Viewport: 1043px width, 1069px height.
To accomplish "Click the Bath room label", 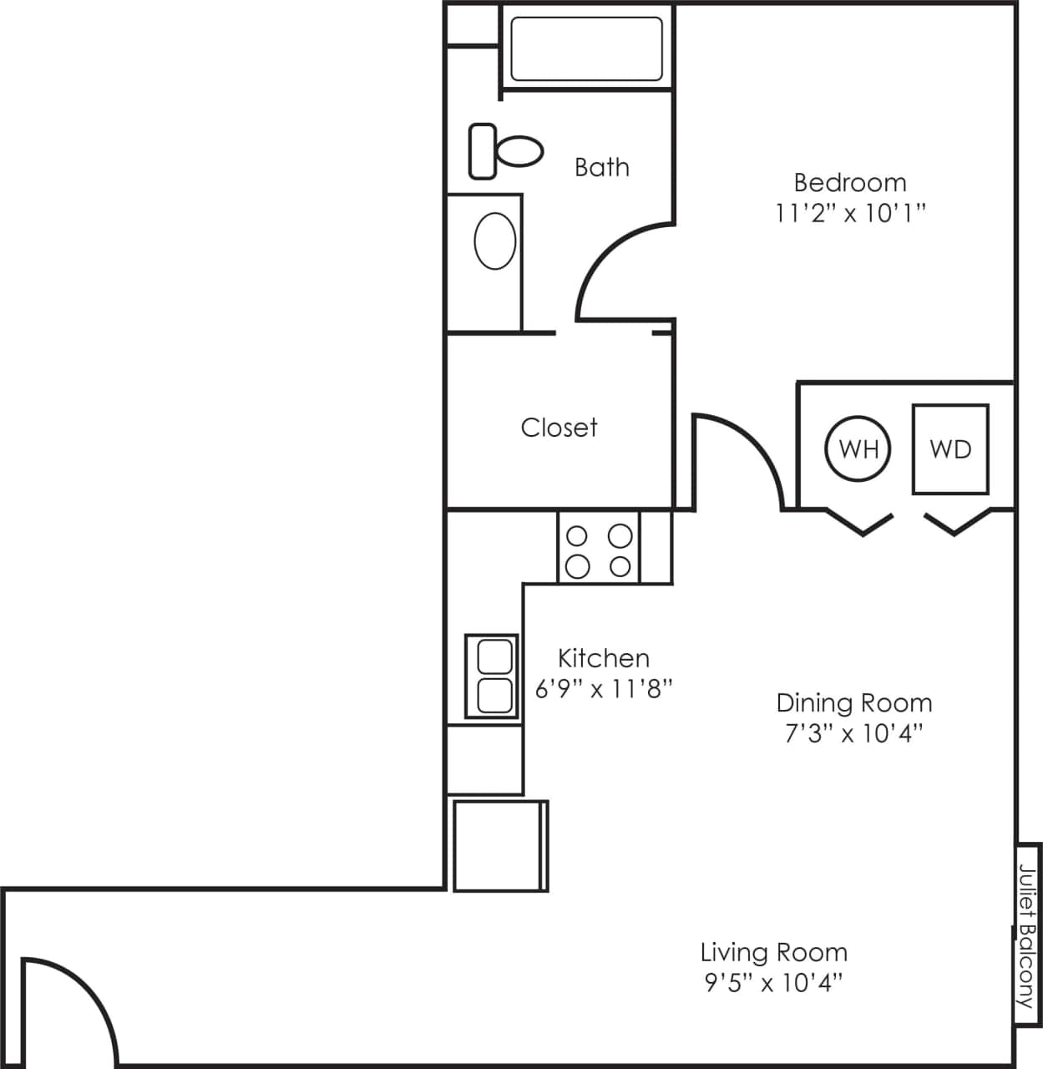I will (601, 167).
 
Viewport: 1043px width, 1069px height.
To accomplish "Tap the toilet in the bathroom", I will (505, 151).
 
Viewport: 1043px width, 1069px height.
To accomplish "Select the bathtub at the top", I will (586, 48).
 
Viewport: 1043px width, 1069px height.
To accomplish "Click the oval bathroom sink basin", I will (494, 241).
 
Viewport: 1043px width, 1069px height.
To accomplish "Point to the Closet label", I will (559, 428).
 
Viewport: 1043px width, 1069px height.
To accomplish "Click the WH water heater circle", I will (858, 449).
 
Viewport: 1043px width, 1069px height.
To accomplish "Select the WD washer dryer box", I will (950, 449).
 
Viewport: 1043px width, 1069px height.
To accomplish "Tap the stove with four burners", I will (599, 550).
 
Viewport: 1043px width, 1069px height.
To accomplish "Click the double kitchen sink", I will (493, 676).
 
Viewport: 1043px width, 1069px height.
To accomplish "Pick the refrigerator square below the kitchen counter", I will (499, 845).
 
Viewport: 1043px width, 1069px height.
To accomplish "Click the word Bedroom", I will (849, 182).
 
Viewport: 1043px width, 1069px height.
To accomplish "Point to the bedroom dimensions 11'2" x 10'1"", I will (850, 214).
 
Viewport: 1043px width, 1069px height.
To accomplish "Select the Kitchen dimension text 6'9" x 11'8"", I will (604, 689).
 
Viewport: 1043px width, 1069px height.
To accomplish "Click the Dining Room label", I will (853, 702).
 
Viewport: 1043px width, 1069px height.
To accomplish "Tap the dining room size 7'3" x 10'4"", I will (853, 733).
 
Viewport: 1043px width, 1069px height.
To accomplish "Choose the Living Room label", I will (773, 952).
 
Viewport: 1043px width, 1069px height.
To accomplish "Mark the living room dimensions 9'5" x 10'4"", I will (773, 983).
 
